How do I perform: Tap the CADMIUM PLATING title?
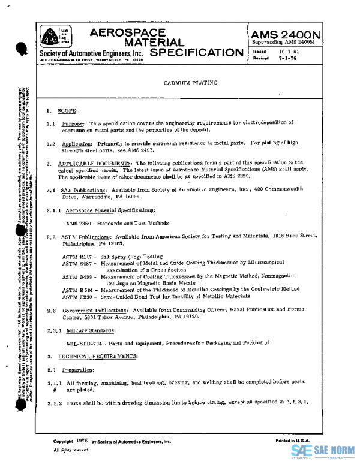click(190, 84)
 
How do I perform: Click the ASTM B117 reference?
click(76, 256)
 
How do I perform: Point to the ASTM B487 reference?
click(76, 262)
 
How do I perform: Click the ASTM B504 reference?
click(76, 289)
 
